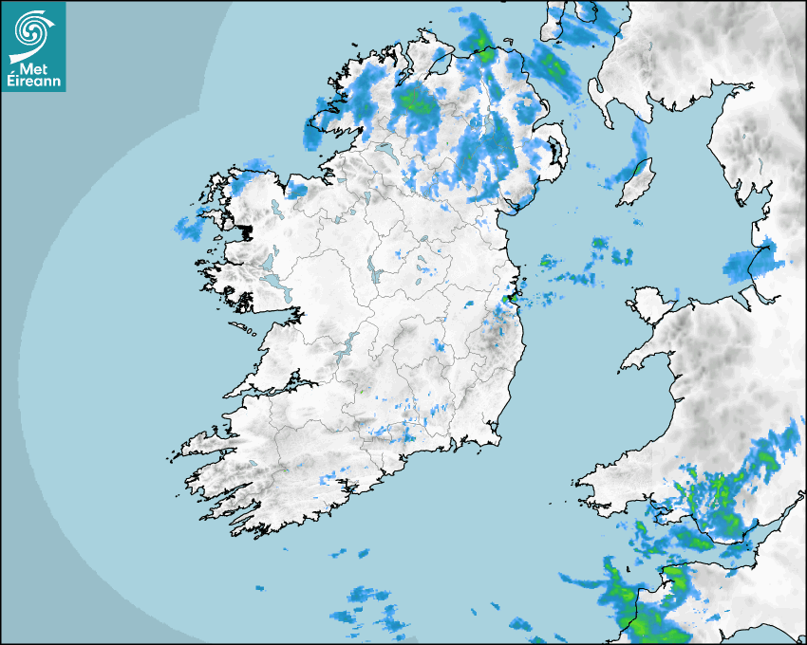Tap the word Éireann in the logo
[x=34, y=83]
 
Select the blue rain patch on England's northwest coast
[x=749, y=265]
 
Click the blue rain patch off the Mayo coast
[x=189, y=226]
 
